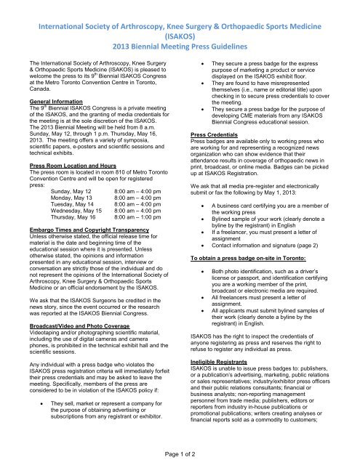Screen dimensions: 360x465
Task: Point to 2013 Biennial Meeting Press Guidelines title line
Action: (180, 38)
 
